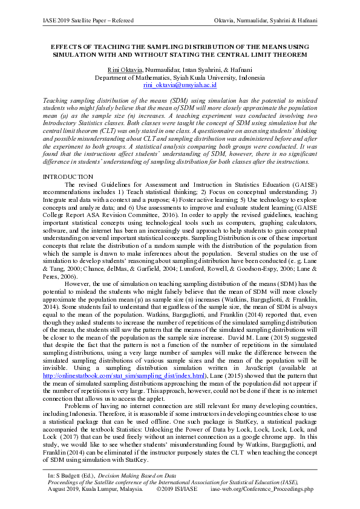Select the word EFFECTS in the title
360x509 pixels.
(x=65, y=46)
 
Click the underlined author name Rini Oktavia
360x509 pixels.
(x=124, y=70)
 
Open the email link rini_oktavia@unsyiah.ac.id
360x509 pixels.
(x=180, y=86)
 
